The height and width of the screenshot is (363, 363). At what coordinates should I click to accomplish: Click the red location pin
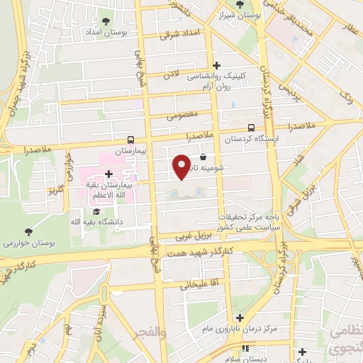point(181,167)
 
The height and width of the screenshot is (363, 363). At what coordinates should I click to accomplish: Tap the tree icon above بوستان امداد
point(106,21)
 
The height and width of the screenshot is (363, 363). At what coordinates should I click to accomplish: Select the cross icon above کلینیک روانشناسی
point(216,65)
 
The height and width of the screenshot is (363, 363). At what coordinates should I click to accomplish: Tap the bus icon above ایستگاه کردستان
point(251,128)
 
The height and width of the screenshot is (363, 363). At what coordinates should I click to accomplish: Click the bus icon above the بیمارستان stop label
point(130,140)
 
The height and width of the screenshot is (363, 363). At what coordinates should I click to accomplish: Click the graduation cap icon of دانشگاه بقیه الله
point(96,211)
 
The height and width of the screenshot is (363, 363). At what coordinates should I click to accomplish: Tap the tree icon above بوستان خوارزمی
point(28,232)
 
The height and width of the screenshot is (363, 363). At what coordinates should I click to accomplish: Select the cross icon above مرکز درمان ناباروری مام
point(240,318)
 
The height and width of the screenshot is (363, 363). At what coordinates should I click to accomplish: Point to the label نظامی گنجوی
point(345,340)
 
